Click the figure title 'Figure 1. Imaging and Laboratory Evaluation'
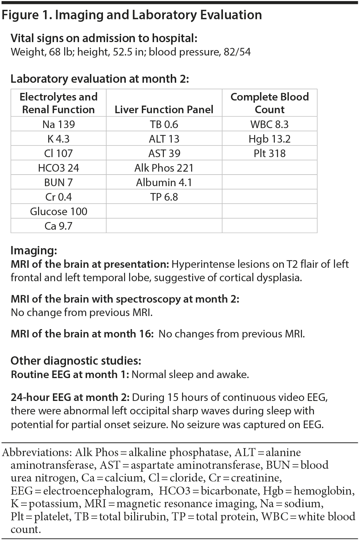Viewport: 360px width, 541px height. [x=132, y=15]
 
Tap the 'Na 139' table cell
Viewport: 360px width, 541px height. [x=58, y=124]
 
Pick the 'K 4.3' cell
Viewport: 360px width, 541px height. [x=58, y=139]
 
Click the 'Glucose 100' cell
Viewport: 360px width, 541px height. [x=58, y=212]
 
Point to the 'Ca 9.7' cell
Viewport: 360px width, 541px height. [x=58, y=226]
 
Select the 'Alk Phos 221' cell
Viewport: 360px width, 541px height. [x=164, y=168]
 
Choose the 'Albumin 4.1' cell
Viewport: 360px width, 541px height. [x=164, y=183]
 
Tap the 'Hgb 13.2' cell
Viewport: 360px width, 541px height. [x=269, y=139]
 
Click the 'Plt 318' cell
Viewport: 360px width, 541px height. [x=269, y=153]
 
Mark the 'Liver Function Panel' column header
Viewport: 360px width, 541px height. [x=164, y=110]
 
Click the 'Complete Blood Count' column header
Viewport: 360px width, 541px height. [x=269, y=103]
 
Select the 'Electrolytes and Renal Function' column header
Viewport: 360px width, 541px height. [x=58, y=103]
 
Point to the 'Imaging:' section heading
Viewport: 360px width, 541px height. [x=34, y=250]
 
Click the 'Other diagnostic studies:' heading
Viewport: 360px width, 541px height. [x=76, y=361]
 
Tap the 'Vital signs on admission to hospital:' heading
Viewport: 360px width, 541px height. [x=104, y=38]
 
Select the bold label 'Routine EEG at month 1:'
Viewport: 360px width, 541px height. [x=70, y=374]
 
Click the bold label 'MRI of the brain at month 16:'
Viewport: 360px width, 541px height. [x=82, y=334]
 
